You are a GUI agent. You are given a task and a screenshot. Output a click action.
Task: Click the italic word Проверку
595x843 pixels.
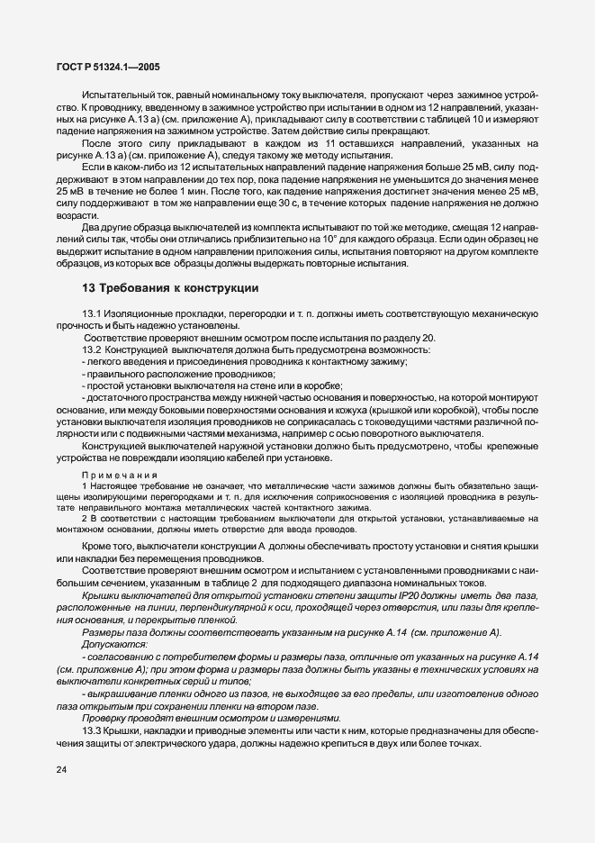(104, 718)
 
